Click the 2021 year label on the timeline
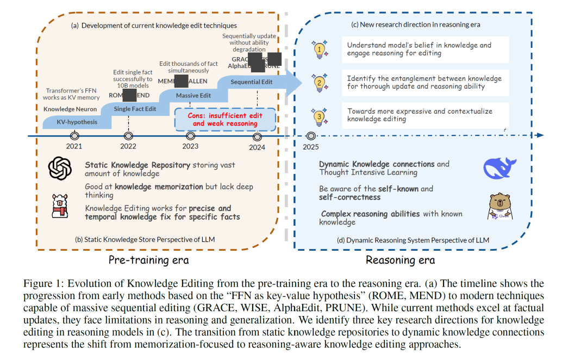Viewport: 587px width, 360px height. (x=74, y=146)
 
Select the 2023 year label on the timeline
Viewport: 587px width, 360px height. (x=191, y=146)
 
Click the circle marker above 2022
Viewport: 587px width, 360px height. (x=129, y=135)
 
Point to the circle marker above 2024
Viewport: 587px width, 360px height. (x=257, y=135)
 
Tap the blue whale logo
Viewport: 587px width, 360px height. (x=498, y=168)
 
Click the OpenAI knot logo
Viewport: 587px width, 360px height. (x=60, y=168)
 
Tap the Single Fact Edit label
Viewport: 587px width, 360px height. (x=135, y=109)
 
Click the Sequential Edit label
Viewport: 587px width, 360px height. (x=252, y=82)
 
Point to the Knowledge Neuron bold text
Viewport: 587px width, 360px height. (x=70, y=109)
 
